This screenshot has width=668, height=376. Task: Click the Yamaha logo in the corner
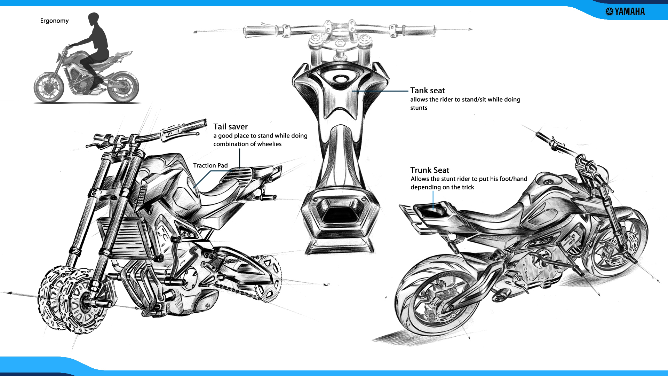point(625,11)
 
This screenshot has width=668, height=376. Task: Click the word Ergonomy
point(54,21)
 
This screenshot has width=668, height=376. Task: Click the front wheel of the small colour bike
point(49,87)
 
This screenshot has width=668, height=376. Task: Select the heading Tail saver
point(230,127)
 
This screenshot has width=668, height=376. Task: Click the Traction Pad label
point(210,165)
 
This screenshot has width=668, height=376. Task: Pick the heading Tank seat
point(427,91)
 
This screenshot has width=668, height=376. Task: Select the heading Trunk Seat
point(430,170)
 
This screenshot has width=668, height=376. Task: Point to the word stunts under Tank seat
point(419,108)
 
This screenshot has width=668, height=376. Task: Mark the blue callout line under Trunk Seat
point(433,200)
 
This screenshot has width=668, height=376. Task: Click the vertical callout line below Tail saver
point(239,158)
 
